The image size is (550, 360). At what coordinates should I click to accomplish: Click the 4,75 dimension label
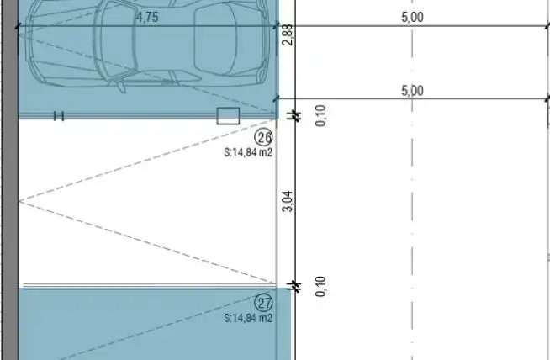[147, 17]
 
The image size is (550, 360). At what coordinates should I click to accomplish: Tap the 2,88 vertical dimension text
[288, 34]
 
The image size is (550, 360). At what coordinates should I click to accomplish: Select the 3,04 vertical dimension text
[288, 201]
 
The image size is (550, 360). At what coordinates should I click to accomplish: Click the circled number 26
[264, 137]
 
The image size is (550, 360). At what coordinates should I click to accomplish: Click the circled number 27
[264, 303]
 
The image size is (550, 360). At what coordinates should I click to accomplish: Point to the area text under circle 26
[248, 152]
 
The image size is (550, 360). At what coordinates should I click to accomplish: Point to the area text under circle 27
[248, 318]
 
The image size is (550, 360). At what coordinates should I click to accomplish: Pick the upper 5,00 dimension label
[412, 17]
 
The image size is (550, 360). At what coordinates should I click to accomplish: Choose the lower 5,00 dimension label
[412, 91]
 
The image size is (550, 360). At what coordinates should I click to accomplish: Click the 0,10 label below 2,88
[320, 115]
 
